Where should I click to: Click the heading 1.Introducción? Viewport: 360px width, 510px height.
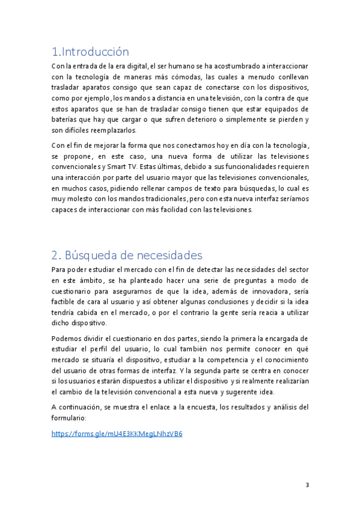90,52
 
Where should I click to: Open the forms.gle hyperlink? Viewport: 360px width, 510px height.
117,433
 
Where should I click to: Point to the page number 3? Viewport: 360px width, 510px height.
307,485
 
